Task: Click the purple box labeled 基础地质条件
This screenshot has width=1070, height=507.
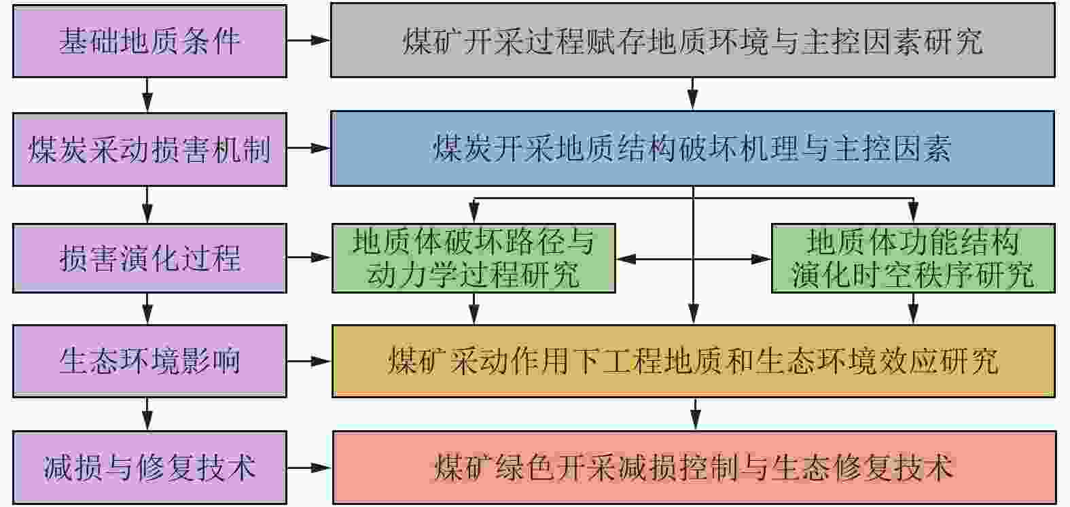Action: [x=149, y=41]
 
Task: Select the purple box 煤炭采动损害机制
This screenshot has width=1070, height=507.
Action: [x=149, y=149]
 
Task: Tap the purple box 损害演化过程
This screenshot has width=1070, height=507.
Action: [x=149, y=258]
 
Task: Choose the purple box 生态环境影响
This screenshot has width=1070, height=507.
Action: [x=149, y=361]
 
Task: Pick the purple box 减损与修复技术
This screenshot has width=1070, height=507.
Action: [x=149, y=468]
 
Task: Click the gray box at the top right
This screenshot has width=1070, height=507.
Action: [x=692, y=41]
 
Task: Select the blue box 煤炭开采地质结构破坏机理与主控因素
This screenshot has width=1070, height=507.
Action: [x=692, y=149]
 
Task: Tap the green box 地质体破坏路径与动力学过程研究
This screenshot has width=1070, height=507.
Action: [x=474, y=258]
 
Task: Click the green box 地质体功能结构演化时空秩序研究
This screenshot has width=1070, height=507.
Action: [x=913, y=258]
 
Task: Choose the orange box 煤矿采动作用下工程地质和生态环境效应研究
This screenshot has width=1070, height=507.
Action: [x=693, y=361]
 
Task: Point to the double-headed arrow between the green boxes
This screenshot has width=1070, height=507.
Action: [x=693, y=259]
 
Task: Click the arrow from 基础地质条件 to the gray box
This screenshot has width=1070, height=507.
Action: [x=308, y=41]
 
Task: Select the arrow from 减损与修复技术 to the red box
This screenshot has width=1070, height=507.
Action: [x=309, y=468]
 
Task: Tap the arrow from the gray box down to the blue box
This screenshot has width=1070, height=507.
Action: [x=692, y=94]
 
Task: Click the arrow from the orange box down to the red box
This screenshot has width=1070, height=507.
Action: [x=694, y=414]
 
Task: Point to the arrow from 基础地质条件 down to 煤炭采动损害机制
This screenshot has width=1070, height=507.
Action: [x=147, y=94]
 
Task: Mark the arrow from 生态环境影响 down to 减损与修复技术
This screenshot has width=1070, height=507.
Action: [x=147, y=414]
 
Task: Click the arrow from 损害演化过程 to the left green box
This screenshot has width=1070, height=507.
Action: [x=309, y=258]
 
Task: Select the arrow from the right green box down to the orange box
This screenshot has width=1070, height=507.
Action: [x=914, y=309]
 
